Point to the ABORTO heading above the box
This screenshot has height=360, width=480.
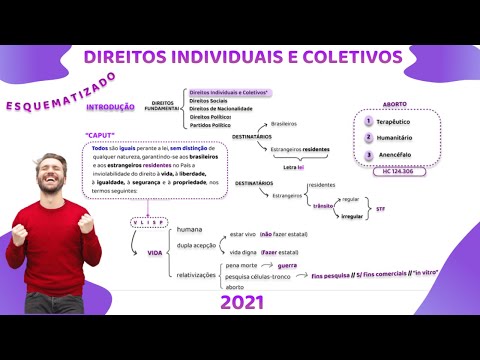click(396, 103)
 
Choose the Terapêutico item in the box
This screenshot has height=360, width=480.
click(398, 121)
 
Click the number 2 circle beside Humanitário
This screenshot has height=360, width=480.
click(368, 138)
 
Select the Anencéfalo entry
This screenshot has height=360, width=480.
click(398, 156)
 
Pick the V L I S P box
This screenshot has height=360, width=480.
click(147, 223)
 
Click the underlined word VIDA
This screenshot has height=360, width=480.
click(155, 253)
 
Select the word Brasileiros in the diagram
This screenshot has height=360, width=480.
click(284, 124)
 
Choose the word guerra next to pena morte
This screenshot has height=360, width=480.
click(288, 265)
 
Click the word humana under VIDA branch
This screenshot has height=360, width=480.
click(189, 230)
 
